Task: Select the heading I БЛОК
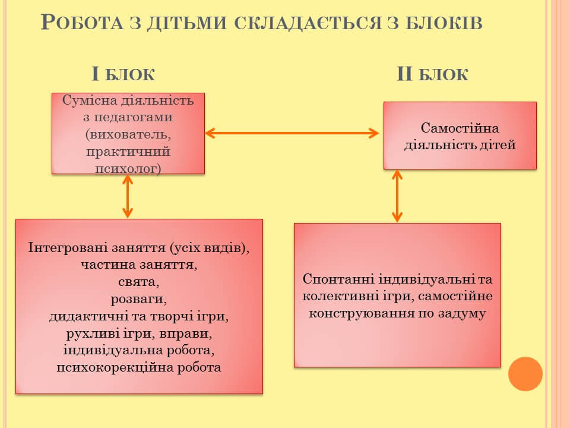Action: click(x=123, y=74)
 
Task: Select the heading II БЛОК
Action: click(x=432, y=74)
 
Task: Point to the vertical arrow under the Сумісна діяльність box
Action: click(x=127, y=196)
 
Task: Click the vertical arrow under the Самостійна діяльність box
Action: click(x=397, y=196)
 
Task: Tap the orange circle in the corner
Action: click(x=525, y=374)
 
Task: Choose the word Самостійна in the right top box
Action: click(x=460, y=128)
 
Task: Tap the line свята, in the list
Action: click(x=139, y=282)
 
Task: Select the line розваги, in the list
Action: click(x=139, y=298)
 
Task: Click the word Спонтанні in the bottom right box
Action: click(x=335, y=279)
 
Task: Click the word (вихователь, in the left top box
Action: click(x=128, y=134)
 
